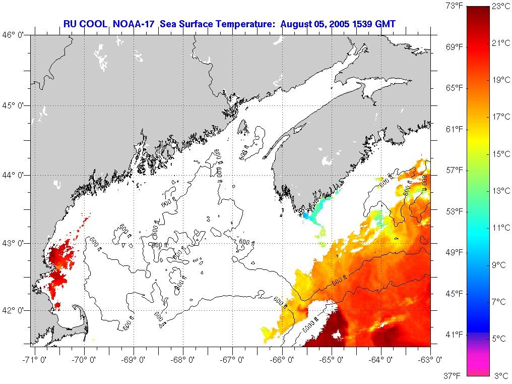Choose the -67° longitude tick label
coord(233,360)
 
